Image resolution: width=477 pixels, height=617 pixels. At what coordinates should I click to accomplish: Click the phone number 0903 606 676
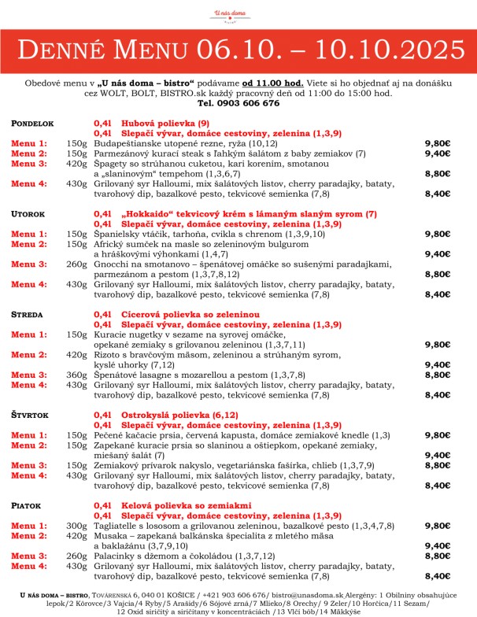(238, 103)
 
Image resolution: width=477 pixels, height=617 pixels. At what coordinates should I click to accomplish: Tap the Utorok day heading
(27, 214)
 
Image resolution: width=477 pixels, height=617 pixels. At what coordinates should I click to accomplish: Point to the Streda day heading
(27, 314)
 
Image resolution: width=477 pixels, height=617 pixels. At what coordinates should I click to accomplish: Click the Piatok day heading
(25, 504)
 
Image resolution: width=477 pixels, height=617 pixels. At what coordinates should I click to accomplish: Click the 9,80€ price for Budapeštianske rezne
(437, 144)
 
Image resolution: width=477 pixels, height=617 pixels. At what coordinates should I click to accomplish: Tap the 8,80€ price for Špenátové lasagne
(437, 375)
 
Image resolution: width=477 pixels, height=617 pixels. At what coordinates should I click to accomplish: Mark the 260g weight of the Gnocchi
(76, 264)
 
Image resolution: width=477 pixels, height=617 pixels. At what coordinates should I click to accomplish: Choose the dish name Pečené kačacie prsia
(147, 434)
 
